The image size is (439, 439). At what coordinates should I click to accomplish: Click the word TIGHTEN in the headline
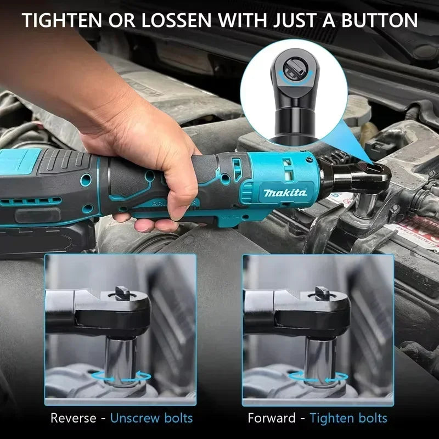click(x=62, y=20)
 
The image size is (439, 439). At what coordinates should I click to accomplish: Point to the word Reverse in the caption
click(x=76, y=418)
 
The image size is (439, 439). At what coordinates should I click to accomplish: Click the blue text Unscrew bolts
click(x=151, y=418)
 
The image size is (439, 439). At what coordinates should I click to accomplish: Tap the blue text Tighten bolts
click(x=348, y=418)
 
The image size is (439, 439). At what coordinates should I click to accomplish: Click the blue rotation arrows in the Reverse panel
click(x=121, y=376)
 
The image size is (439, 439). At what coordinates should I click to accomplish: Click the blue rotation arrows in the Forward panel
click(x=318, y=376)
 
